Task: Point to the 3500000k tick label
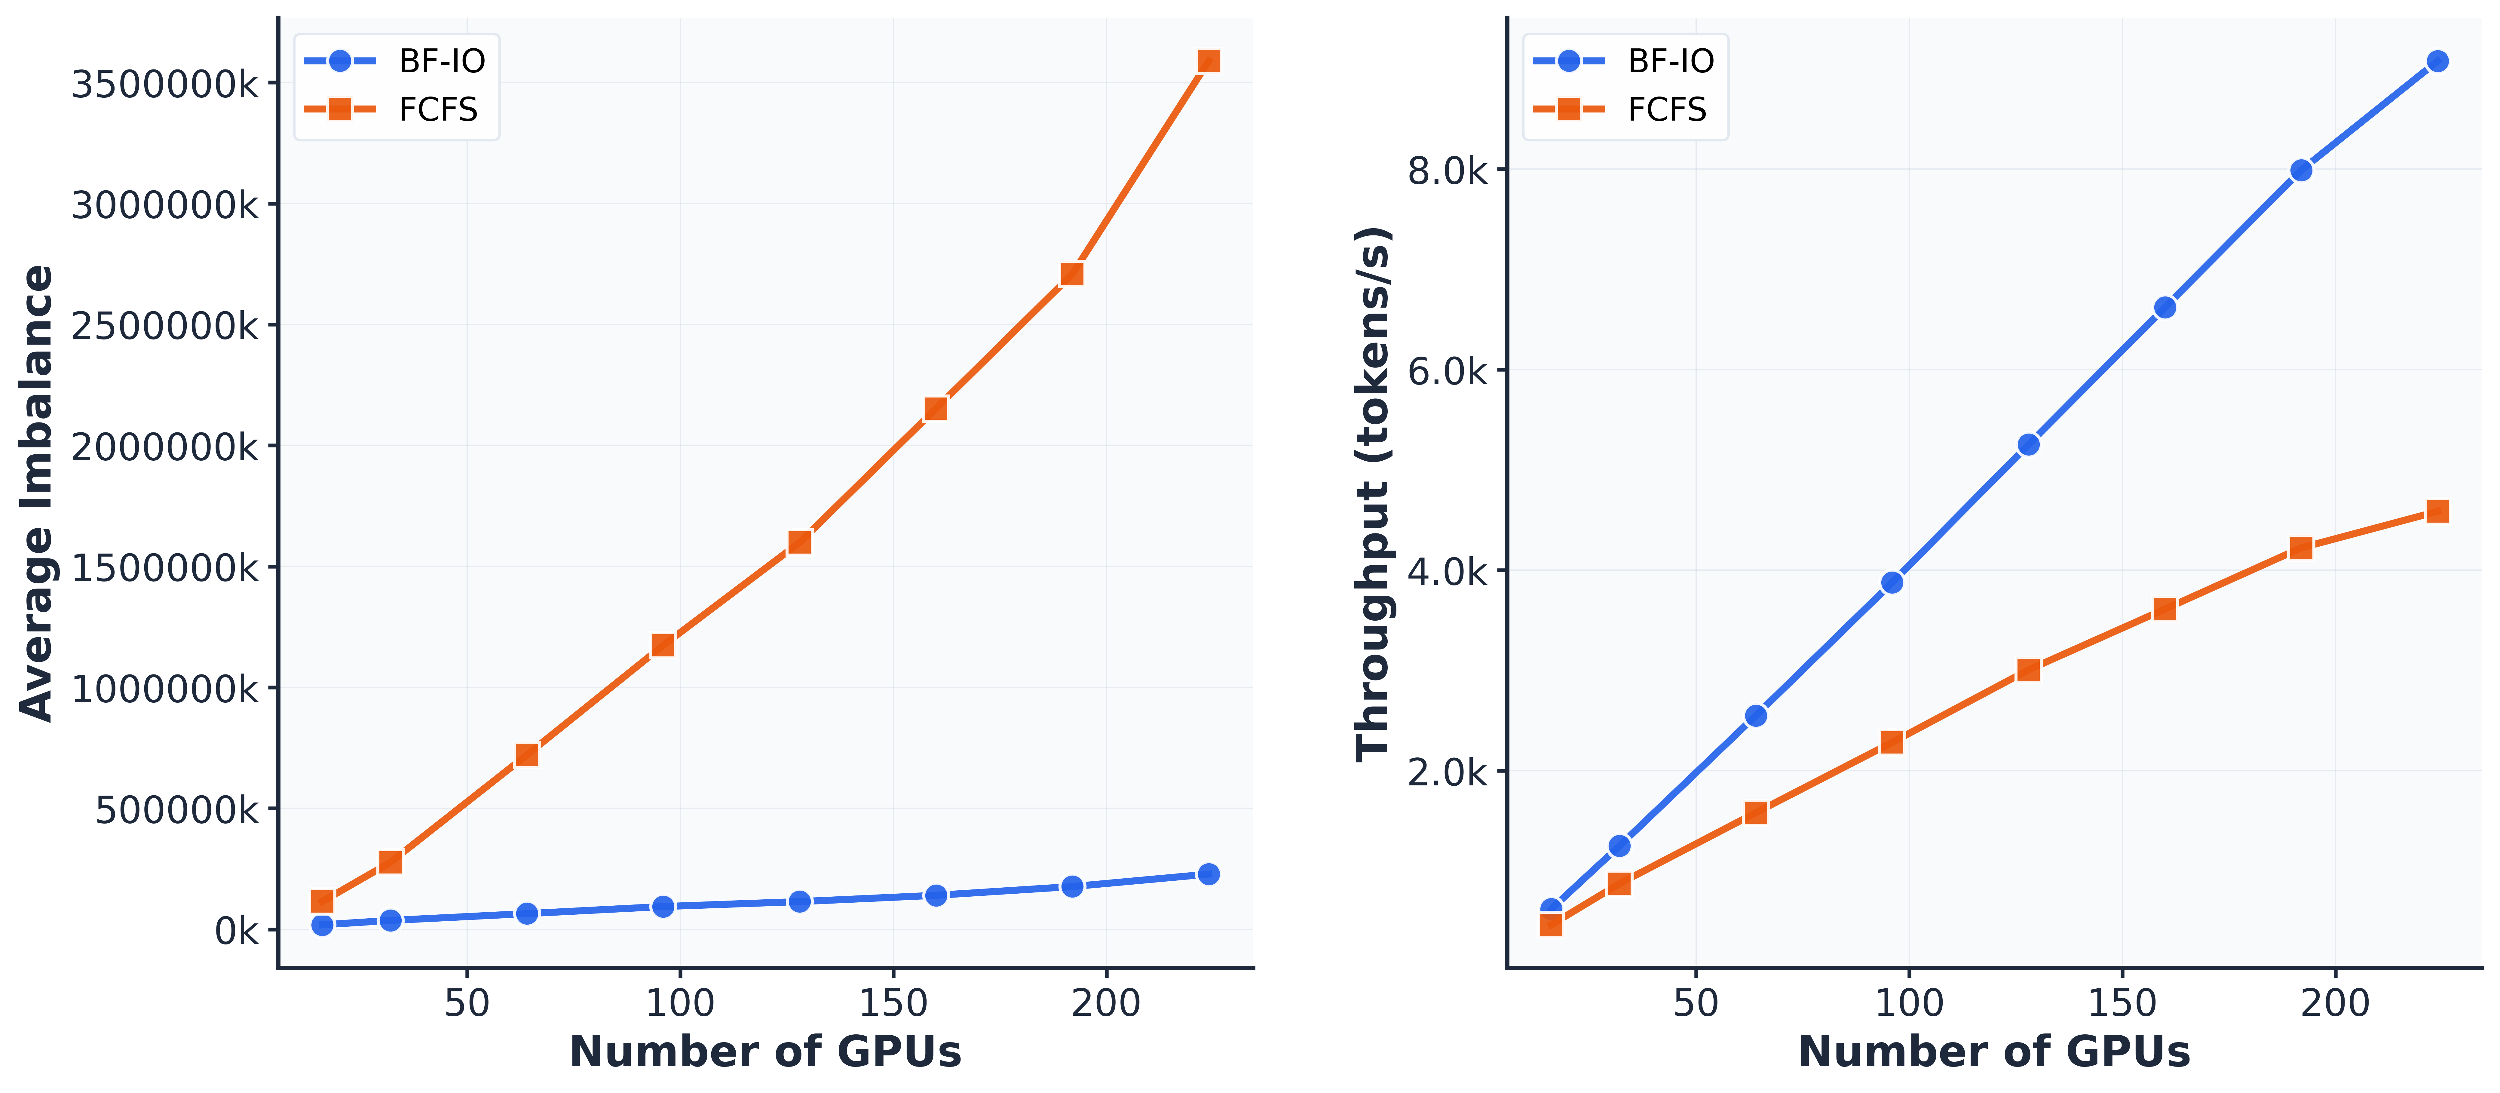165,84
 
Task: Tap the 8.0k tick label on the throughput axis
1446,171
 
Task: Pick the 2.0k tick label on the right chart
1446,773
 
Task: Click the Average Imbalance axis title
37,493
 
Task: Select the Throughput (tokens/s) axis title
1372,493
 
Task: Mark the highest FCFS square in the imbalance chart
1208,61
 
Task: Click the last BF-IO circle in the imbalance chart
1208,873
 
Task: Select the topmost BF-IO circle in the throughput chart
2437,61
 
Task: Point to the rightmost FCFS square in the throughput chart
2437,511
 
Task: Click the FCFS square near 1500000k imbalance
800,542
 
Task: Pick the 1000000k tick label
165,689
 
